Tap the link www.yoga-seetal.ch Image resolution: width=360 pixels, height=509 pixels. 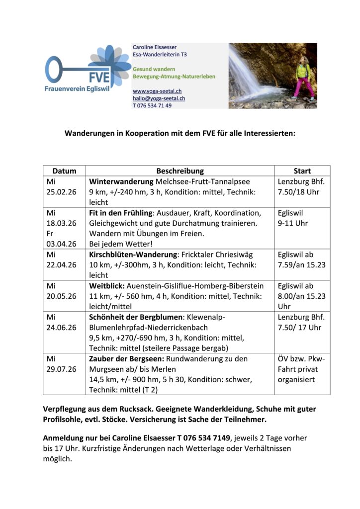[157, 91]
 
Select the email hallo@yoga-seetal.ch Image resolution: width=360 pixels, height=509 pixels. [159, 98]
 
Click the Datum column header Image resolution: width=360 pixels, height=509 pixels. [64, 170]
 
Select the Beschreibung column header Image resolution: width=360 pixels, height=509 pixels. [180, 170]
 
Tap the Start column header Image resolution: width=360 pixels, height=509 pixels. [302, 170]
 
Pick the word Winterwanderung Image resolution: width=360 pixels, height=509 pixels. [121, 181]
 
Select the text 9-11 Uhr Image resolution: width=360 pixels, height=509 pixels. [293, 223]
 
